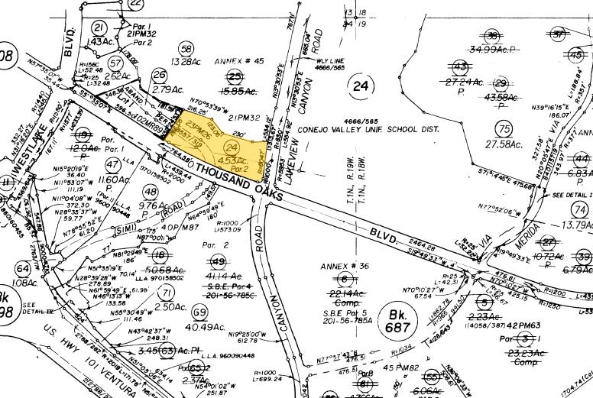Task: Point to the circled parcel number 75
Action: coord(503,128)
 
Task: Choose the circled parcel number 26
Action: coord(159,74)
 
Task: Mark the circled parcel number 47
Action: coord(113,165)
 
